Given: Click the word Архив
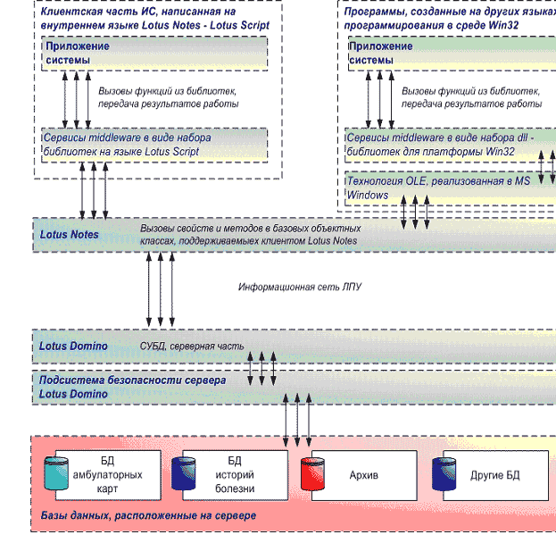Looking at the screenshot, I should [363, 475].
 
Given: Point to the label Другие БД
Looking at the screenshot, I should [494, 475].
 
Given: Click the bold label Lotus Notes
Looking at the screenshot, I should [69, 235].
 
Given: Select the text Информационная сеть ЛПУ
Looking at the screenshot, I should [299, 288].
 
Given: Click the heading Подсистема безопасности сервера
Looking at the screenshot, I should [132, 380].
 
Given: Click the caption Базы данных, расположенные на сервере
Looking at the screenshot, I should [148, 516].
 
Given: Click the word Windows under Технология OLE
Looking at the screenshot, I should [367, 195].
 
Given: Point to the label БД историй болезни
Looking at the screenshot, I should [235, 474].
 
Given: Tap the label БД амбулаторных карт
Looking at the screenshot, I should [107, 474].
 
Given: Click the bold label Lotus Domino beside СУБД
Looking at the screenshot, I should [73, 346].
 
